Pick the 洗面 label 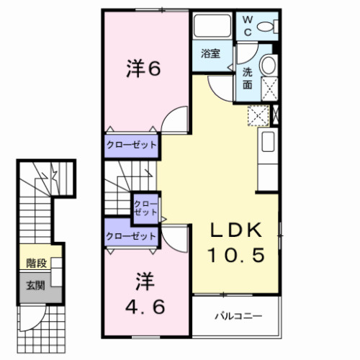click(x=247, y=77)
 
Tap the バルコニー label click(x=237, y=316)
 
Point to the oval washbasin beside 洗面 click(x=268, y=66)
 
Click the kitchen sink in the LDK click(x=268, y=141)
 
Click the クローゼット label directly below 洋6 click(x=131, y=145)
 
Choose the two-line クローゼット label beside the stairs click(x=145, y=209)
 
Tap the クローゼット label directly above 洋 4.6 click(x=131, y=236)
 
